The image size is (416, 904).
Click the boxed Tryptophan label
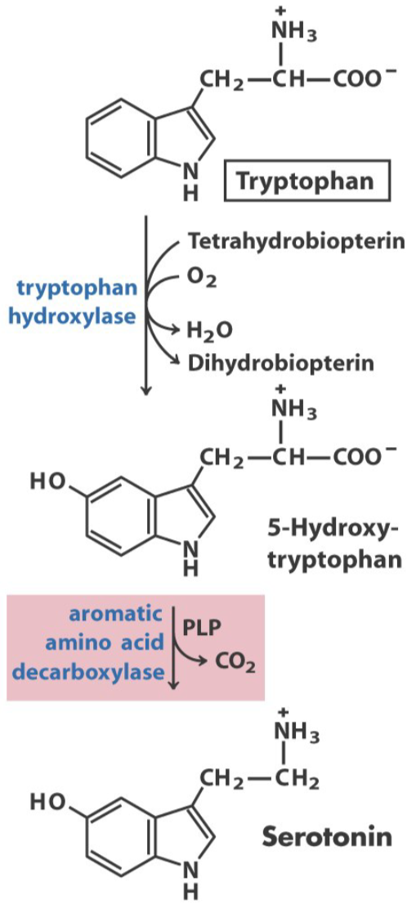pos(307,183)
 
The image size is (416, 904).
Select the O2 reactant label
pos(202,280)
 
